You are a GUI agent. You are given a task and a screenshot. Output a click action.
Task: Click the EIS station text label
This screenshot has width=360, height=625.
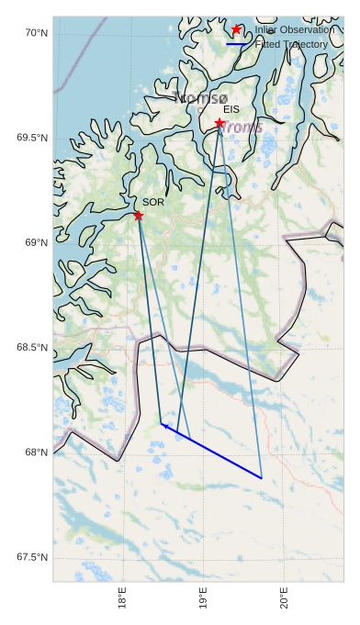(x=231, y=110)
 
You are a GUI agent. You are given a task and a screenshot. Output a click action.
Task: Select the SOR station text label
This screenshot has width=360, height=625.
(x=153, y=202)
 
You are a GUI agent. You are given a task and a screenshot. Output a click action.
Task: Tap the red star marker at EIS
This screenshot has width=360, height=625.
(x=220, y=123)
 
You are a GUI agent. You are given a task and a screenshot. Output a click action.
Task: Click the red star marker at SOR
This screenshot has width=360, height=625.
(x=139, y=216)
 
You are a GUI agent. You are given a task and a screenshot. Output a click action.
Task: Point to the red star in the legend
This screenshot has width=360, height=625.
(x=237, y=30)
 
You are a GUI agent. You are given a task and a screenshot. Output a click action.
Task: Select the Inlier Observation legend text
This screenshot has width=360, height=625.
(x=295, y=30)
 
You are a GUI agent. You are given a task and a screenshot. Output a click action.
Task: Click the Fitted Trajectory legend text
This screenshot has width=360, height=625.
(x=291, y=44)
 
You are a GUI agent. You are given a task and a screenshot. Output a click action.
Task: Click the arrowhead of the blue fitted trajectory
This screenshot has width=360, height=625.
(x=163, y=424)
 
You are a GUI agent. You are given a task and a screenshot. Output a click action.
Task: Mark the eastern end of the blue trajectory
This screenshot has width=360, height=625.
(x=262, y=478)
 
